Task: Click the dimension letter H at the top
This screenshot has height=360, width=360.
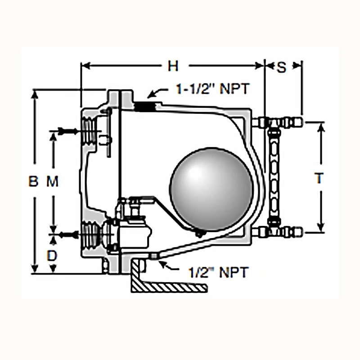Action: [173, 66]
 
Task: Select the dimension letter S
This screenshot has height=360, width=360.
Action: [281, 67]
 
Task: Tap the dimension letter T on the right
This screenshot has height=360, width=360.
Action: [319, 178]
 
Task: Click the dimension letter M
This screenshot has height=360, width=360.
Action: [53, 181]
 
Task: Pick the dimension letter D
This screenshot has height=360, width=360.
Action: [52, 256]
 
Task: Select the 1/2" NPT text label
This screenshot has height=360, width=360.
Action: [217, 272]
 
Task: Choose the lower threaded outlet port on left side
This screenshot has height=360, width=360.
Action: [91, 234]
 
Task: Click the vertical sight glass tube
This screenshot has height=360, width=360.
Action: [274, 176]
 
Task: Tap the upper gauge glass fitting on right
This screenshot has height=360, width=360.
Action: [277, 122]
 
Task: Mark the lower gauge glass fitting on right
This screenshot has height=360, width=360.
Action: [277, 232]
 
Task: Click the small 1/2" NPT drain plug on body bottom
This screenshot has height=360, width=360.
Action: [153, 256]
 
